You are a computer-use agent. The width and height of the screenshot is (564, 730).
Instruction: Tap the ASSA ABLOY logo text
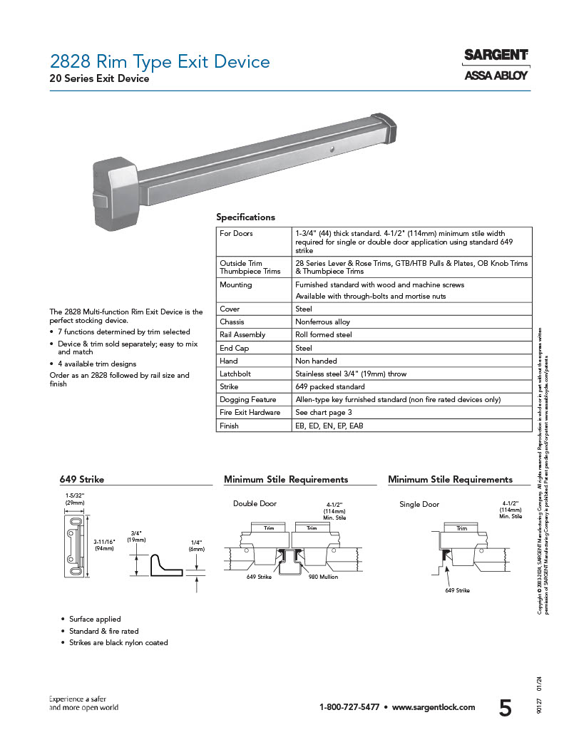point(496,76)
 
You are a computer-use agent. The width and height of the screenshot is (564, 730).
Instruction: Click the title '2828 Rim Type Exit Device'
point(160,61)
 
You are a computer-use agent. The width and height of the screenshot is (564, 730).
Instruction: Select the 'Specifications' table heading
point(245,217)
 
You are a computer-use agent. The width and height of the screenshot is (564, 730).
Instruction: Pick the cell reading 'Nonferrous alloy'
point(322,322)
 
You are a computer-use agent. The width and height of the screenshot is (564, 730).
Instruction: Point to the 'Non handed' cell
point(316,361)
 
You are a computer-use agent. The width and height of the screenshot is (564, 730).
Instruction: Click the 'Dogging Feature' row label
point(247,400)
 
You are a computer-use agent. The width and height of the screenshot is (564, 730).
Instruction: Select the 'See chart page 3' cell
point(324,413)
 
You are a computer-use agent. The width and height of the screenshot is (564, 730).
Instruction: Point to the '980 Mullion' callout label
point(324,577)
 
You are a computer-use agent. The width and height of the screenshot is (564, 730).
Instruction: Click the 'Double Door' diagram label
point(255,504)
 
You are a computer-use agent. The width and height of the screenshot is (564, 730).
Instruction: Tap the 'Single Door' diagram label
point(419,505)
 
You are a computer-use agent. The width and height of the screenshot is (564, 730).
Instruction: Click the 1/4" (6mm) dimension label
point(196,545)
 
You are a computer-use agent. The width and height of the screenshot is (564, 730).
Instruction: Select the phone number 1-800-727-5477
point(349,707)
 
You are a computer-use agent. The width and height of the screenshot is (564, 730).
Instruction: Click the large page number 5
point(505,708)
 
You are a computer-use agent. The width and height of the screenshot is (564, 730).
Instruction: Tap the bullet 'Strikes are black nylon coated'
point(118,643)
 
